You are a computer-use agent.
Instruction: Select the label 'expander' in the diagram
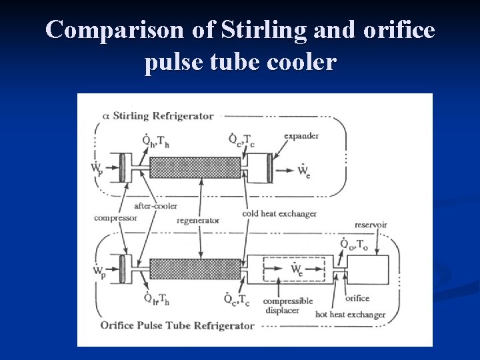pos(301,136)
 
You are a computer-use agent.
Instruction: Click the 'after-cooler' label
pos(155,206)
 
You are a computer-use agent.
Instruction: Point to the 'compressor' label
pos(115,218)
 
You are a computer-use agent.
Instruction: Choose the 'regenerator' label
pos(199,221)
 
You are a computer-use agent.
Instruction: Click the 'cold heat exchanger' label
pos(279,214)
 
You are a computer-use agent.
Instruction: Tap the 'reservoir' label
pos(370,225)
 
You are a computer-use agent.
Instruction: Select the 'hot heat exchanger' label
pos(350,314)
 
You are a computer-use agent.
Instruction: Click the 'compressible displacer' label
pos(288,305)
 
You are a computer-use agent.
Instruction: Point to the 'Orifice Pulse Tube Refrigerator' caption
pos(177,326)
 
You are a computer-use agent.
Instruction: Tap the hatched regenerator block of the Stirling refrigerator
pos(195,167)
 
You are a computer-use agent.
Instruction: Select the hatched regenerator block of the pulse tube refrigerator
pos(195,269)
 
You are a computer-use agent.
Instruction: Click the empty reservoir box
pos(368,271)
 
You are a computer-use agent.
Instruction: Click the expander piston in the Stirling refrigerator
pos(269,168)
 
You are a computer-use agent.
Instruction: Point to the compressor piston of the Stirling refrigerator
pos(123,167)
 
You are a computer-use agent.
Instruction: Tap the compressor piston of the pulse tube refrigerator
pos(123,269)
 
